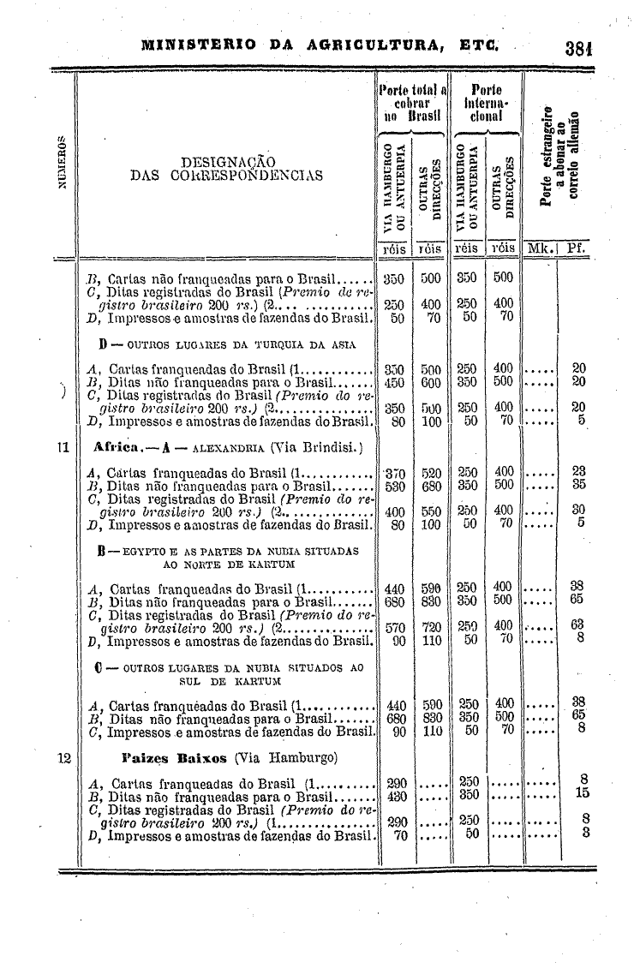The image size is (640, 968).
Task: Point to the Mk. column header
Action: pos(540,248)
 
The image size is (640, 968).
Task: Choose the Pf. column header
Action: pos(577,248)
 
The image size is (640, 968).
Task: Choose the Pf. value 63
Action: pos(577,625)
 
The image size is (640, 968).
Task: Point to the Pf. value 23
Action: pos(577,472)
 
